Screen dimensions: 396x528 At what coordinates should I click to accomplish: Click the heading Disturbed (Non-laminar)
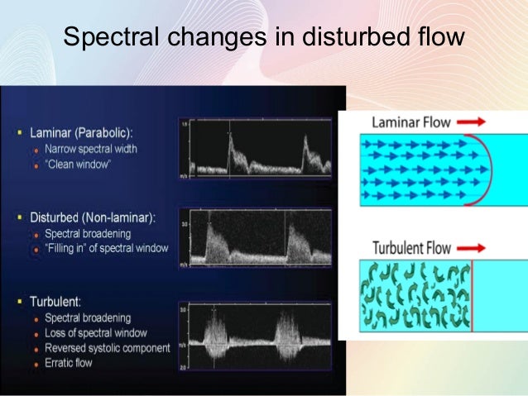click(98, 217)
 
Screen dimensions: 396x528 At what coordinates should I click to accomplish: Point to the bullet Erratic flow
click(70, 362)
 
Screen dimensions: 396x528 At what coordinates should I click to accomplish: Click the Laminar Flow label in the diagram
click(411, 123)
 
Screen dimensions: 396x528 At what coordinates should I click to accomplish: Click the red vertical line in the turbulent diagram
click(471, 295)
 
